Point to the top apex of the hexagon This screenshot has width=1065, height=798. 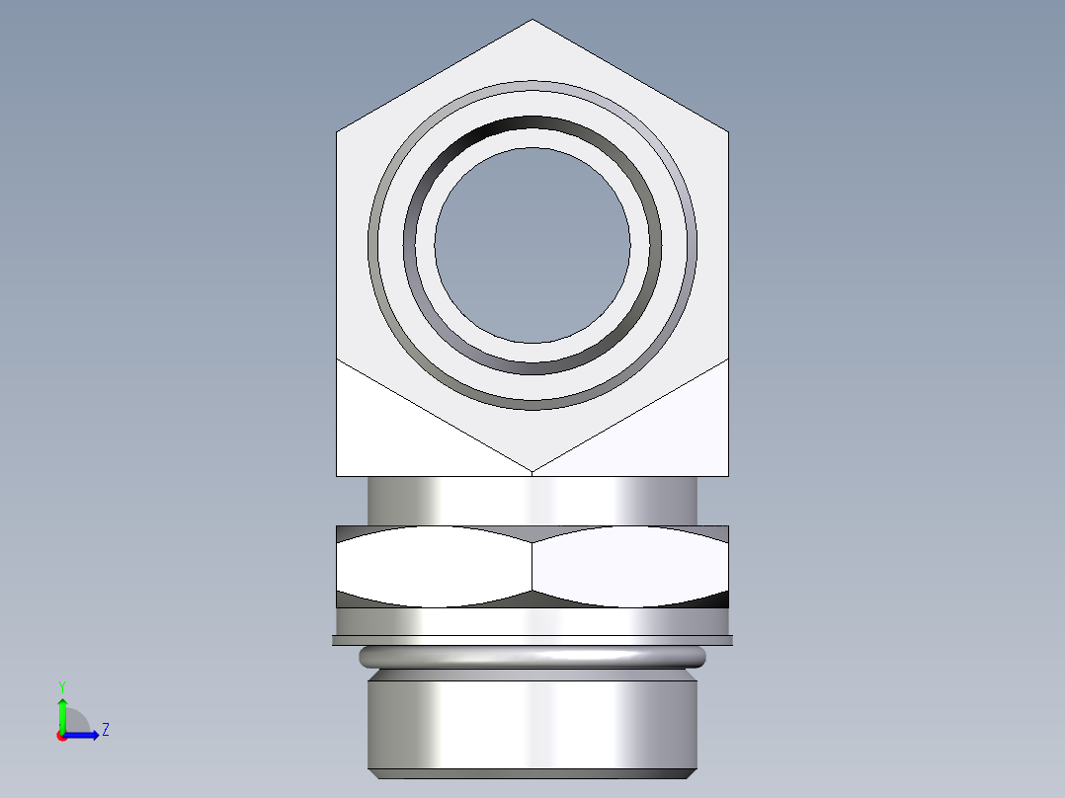pyautogui.click(x=532, y=21)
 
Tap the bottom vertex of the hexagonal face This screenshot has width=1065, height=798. pyautogui.click(x=532, y=470)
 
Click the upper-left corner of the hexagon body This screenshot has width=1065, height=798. pyautogui.click(x=338, y=132)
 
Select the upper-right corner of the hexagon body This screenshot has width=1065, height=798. pyautogui.click(x=728, y=132)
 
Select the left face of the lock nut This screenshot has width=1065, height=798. pyautogui.click(x=435, y=566)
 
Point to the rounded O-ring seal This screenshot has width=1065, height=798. pyautogui.click(x=532, y=657)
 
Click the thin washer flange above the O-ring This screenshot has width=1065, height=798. pyautogui.click(x=532, y=640)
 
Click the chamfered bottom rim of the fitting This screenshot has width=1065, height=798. pyautogui.click(x=532, y=773)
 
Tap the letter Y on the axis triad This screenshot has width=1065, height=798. pyautogui.click(x=61, y=685)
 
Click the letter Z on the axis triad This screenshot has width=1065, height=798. pyautogui.click(x=105, y=730)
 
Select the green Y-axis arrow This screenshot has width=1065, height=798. pyautogui.click(x=61, y=713)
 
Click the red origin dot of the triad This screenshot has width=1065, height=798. pyautogui.click(x=61, y=736)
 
